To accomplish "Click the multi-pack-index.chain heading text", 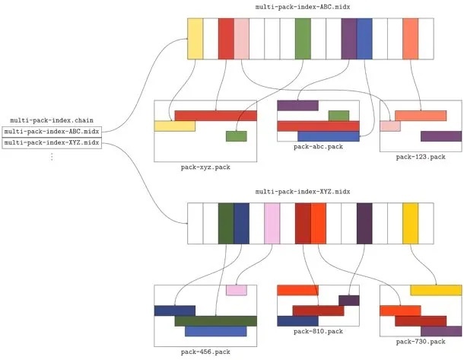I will [52, 120].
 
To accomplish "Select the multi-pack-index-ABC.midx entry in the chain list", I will [52, 131].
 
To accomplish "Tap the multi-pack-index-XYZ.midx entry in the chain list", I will [52, 142].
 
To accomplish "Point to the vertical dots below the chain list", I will [52, 156].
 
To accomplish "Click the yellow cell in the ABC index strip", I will [195, 38].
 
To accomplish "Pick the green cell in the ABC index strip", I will [303, 38].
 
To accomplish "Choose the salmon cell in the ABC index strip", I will [411, 38].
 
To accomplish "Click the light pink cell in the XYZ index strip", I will [272, 223].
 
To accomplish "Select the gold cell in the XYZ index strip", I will [411, 223].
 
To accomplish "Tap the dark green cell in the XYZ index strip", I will [226, 223].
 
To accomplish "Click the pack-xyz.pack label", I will [205, 167].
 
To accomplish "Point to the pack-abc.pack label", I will [318, 146].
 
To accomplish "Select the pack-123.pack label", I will [421, 157].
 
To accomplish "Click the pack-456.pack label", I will [205, 352].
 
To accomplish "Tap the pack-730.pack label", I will [421, 342].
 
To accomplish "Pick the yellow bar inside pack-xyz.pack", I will [174, 126].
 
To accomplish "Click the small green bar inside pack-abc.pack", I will [338, 116].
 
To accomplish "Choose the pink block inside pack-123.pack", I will [390, 126].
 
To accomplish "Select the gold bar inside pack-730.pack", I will [436, 290].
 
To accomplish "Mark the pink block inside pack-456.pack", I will [237, 290].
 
